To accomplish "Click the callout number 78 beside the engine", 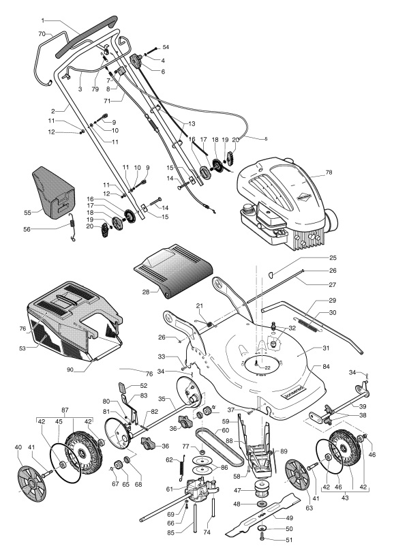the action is click(329, 172).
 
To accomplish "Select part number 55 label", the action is click(27, 213).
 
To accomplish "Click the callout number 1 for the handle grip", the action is click(43, 20).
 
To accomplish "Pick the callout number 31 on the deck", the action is click(326, 348).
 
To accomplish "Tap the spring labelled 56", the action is click(72, 227).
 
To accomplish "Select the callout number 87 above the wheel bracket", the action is click(65, 410).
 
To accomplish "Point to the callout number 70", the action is click(42, 34).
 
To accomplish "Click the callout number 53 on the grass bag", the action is click(22, 348).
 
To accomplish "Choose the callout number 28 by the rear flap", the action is click(146, 292).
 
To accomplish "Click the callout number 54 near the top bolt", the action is click(166, 47).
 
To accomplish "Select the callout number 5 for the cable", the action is click(266, 138).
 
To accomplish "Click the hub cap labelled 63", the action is click(298, 475).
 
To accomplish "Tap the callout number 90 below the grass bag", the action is click(70, 369).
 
